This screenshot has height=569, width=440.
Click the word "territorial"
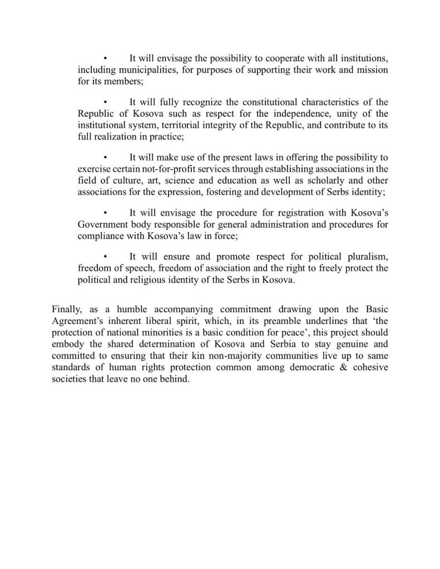pos(202,125)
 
